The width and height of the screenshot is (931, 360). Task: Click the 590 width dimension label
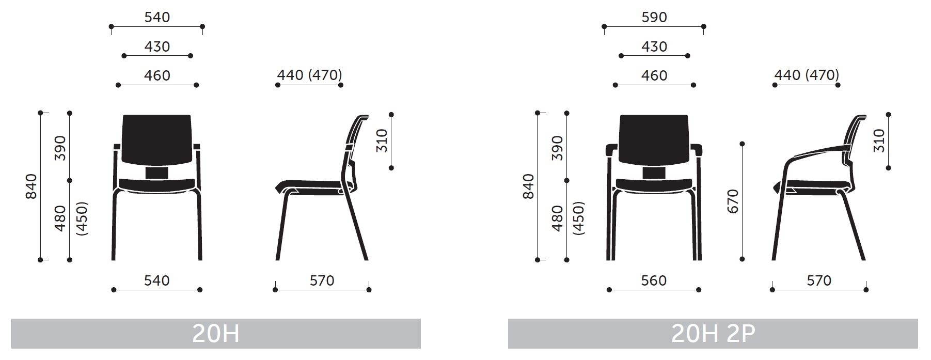point(654,17)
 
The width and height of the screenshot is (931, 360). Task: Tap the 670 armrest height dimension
point(732,201)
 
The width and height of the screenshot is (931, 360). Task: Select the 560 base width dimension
point(654,280)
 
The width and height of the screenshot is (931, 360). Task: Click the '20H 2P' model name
point(713,334)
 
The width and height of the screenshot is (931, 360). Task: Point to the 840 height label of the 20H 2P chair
point(528,186)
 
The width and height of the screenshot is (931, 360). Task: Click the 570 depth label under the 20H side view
point(322,280)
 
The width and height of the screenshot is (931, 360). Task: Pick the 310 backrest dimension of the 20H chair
point(381,140)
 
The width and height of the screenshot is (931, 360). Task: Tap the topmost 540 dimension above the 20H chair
point(157,17)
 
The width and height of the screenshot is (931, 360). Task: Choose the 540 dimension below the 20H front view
point(156,280)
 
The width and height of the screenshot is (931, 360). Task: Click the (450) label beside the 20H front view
point(82,218)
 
